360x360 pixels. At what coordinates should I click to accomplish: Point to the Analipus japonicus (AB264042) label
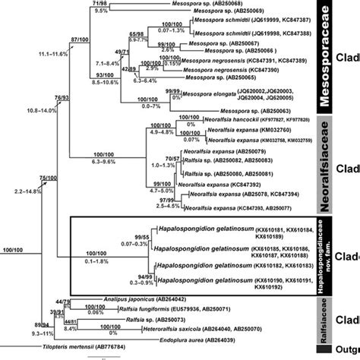152,298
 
